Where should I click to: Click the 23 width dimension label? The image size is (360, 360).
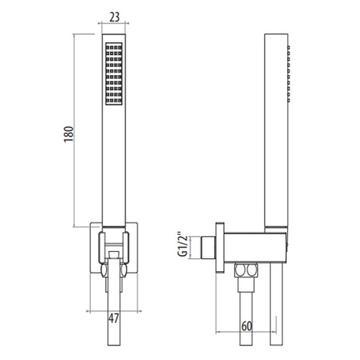pyautogui.click(x=114, y=17)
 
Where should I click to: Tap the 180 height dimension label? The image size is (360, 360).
pyautogui.click(x=69, y=134)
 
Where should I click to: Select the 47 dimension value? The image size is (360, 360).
pyautogui.click(x=114, y=318)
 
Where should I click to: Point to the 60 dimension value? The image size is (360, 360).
pyautogui.click(x=246, y=326)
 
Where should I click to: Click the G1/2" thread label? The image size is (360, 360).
pyautogui.click(x=183, y=246)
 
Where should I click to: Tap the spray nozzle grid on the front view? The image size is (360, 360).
pyautogui.click(x=114, y=74)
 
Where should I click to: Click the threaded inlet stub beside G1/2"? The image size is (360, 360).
pyautogui.click(x=209, y=247)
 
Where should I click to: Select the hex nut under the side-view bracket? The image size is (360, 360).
pyautogui.click(x=246, y=270)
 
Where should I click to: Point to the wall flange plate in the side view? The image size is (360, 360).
pyautogui.click(x=220, y=248)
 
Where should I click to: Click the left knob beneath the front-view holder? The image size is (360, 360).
pyautogui.click(x=104, y=270)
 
